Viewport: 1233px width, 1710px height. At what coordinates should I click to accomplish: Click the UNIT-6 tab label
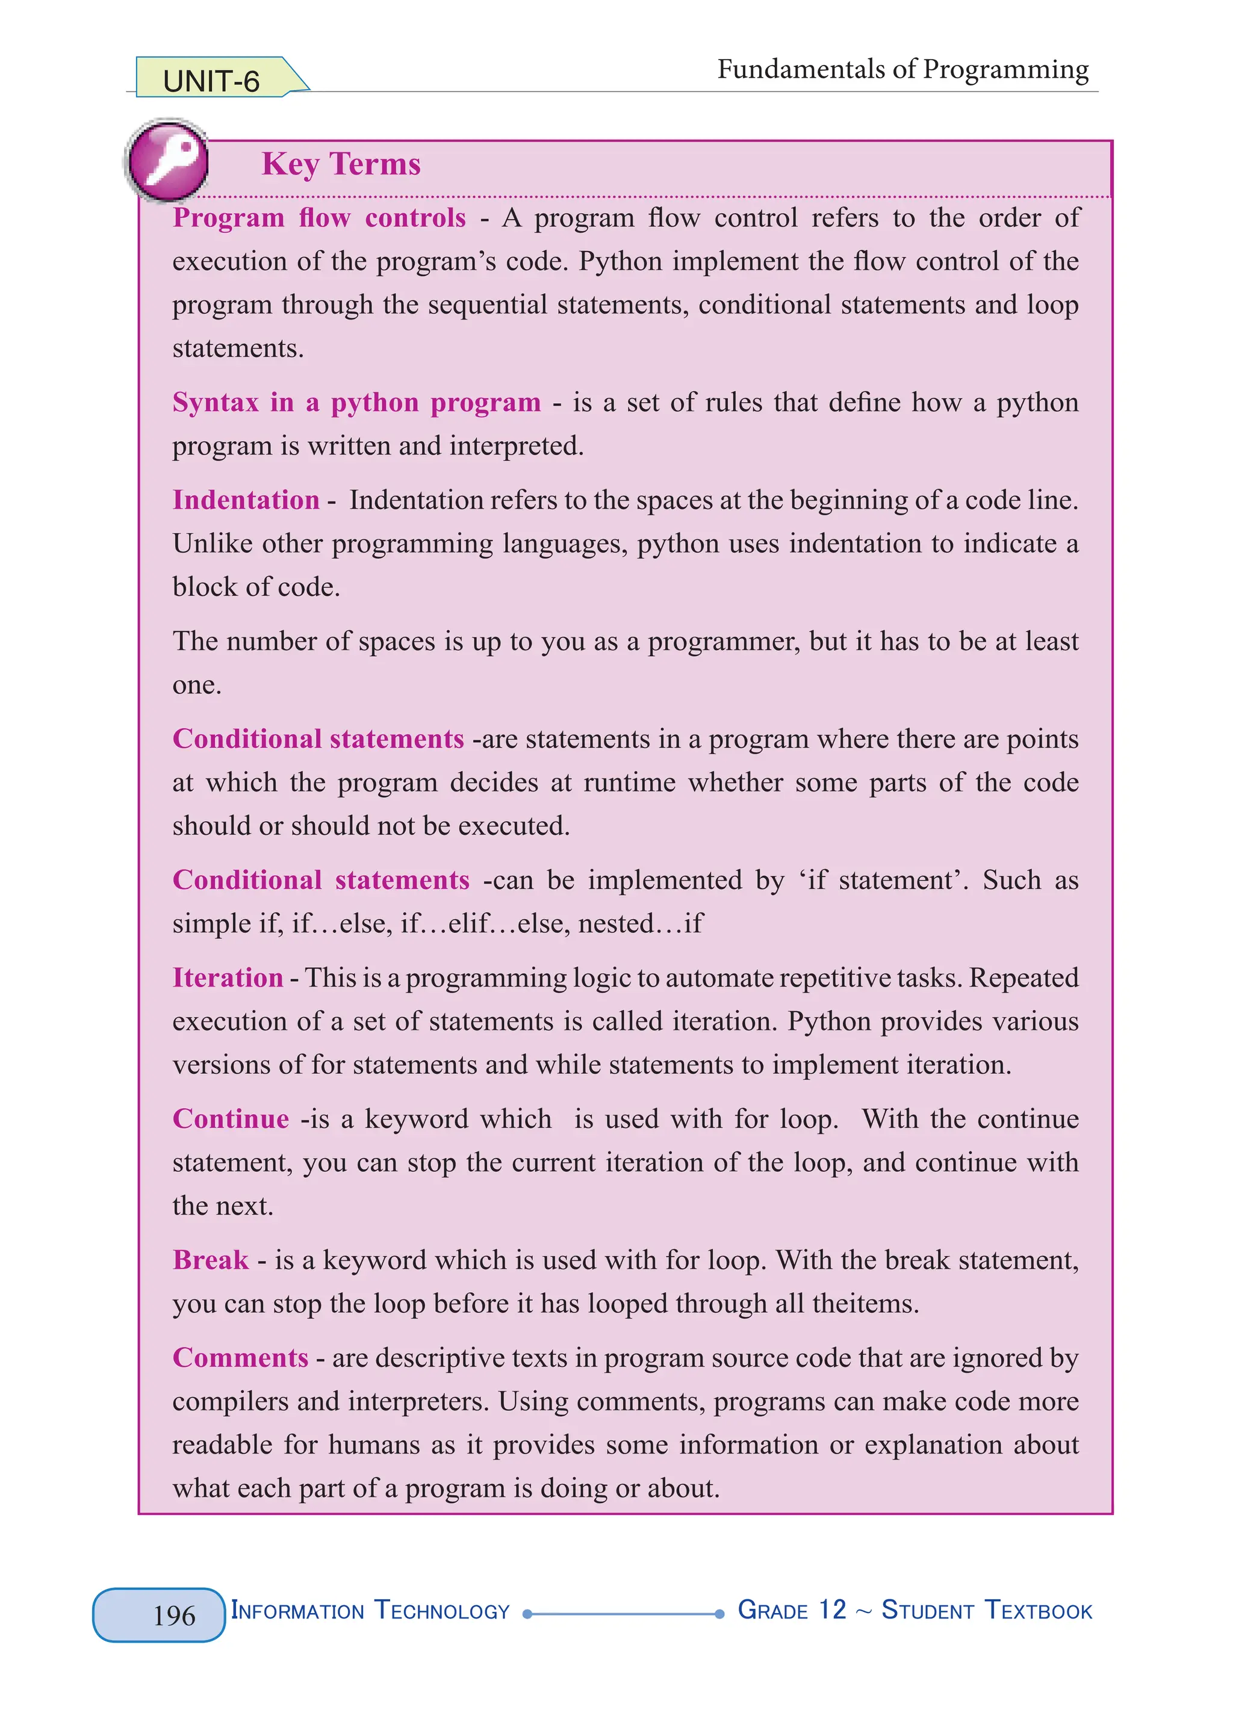click(x=211, y=81)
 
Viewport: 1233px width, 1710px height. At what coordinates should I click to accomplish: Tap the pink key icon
click(x=167, y=160)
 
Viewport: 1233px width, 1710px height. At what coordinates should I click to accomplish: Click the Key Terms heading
click(x=341, y=164)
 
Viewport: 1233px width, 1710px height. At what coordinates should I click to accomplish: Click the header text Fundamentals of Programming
click(x=902, y=69)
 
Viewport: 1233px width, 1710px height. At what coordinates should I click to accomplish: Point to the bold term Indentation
click(x=246, y=500)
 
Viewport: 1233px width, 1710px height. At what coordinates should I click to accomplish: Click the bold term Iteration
click(x=228, y=977)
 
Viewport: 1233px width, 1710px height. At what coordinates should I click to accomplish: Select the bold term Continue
click(x=231, y=1119)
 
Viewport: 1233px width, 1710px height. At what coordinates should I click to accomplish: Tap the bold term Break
click(x=210, y=1260)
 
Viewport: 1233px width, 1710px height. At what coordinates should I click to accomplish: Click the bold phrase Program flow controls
click(x=319, y=218)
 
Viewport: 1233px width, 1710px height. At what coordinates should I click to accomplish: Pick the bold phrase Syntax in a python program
click(x=356, y=403)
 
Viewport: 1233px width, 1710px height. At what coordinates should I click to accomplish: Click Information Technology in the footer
click(x=370, y=1611)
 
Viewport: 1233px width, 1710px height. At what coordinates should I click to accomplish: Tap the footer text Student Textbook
click(x=986, y=1611)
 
